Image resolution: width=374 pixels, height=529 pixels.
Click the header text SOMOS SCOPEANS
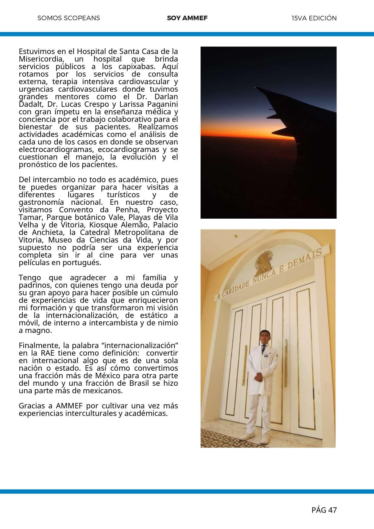[69, 18]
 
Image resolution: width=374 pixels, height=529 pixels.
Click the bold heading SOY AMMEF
[187, 18]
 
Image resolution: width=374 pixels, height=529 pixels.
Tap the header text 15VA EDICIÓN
[314, 18]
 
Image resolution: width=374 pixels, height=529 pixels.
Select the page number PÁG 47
[324, 510]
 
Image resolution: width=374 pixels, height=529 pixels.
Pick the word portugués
[82, 263]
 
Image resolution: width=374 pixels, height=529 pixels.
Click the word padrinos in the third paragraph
[32, 285]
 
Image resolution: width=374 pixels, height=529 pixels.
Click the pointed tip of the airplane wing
[256, 88]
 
